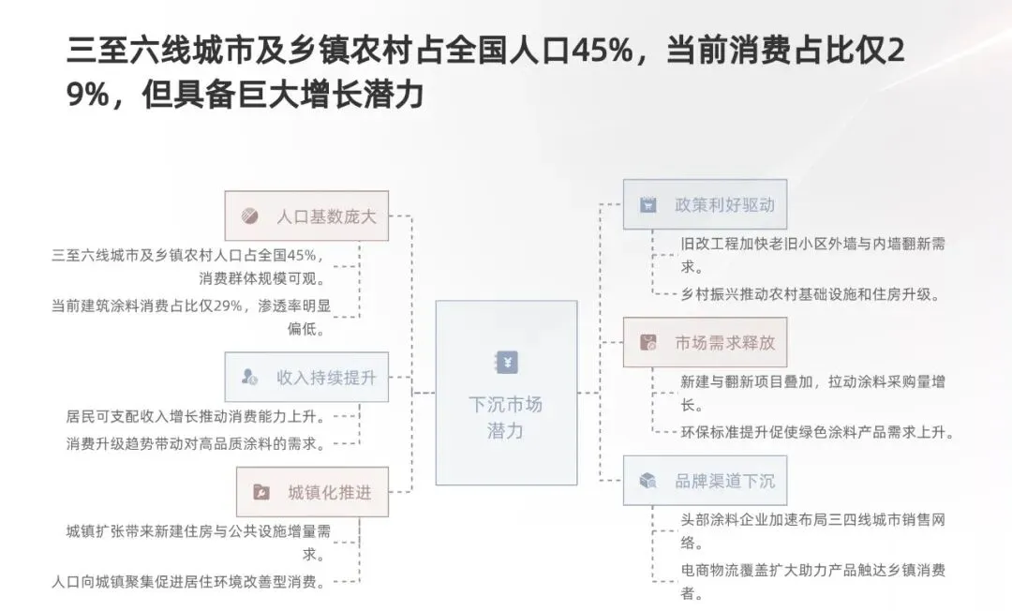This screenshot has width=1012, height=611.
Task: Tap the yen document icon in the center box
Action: coord(506,363)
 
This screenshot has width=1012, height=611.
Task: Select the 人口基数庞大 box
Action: coord(306,216)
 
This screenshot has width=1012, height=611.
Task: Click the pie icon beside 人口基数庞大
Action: coord(250,216)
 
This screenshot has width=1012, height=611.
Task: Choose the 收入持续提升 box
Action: coord(306,377)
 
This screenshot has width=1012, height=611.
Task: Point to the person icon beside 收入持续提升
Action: coord(249,377)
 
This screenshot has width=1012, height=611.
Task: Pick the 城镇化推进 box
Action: coord(306,491)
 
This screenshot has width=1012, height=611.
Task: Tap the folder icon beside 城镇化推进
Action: coord(260,492)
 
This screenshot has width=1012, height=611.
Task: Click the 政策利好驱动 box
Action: coord(705,204)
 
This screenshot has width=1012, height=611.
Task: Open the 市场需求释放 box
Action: coord(705,342)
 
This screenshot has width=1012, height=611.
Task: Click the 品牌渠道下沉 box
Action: coord(705,481)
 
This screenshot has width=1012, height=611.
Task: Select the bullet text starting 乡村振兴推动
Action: coord(810,294)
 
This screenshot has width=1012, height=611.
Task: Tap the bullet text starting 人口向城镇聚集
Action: coord(188,582)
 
